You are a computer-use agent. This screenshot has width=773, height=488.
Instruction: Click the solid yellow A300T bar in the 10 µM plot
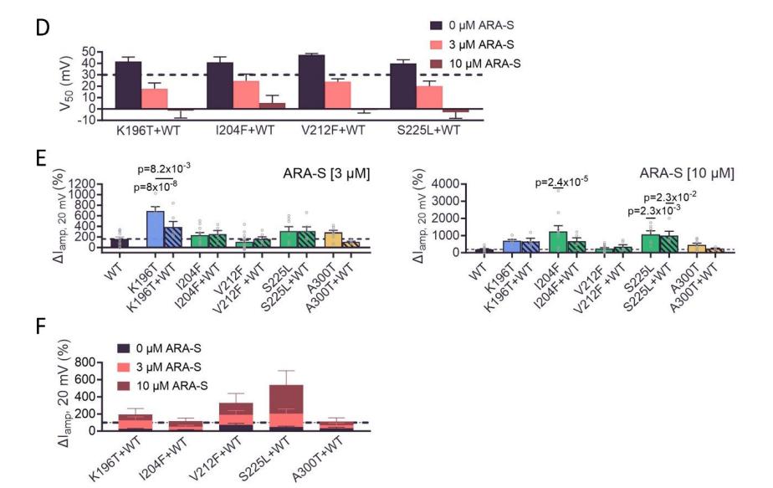click(691, 249)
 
